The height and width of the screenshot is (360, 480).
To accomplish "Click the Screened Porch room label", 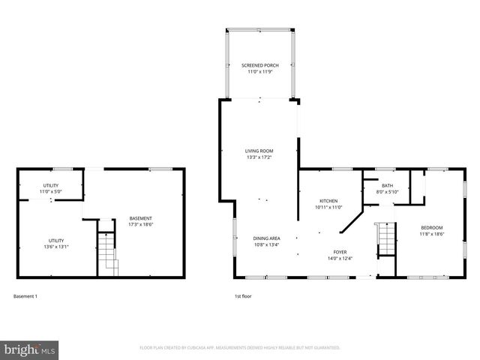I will (x=259, y=65).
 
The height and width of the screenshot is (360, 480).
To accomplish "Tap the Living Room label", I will (x=259, y=150).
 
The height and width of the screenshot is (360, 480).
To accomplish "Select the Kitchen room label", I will (x=328, y=201).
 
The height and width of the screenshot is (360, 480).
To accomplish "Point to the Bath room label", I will (x=387, y=185).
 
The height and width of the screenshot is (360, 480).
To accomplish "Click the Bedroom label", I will (x=431, y=227).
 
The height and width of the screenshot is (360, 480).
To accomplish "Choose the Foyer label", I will (x=341, y=253).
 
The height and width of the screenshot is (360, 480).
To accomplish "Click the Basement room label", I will (x=141, y=218).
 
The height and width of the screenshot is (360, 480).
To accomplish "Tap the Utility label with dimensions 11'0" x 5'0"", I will (x=50, y=185).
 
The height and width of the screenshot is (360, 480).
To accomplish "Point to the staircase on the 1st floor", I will (x=385, y=238).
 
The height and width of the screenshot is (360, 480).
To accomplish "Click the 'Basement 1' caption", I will (x=25, y=296).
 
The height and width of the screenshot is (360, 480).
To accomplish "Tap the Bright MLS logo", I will (x=30, y=349).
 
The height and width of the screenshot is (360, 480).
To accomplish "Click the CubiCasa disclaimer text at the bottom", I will (x=240, y=347).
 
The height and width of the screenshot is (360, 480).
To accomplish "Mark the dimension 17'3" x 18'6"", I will (x=141, y=223).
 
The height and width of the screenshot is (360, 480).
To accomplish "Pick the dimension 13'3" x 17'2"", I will (x=259, y=156).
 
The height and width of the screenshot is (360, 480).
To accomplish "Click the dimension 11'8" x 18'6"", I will (x=431, y=233).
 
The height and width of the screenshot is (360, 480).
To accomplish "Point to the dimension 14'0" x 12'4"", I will (x=341, y=259).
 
